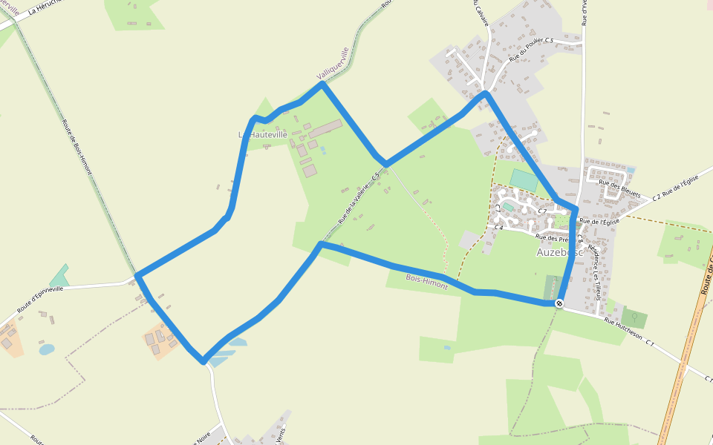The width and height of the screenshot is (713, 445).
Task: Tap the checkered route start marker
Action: [x=559, y=303]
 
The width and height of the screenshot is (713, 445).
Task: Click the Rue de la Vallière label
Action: [x=359, y=197]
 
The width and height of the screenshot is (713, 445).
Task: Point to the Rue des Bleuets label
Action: [x=619, y=188]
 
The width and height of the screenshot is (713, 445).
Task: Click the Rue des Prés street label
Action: [x=551, y=238]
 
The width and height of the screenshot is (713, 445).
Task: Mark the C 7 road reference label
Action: [x=542, y=211]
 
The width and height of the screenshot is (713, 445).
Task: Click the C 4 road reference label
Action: [x=499, y=228]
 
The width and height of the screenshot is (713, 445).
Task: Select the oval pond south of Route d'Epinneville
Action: [x=46, y=349]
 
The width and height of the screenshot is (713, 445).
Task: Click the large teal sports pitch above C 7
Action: [x=524, y=179]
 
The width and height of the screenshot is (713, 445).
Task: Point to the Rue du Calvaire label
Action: [x=481, y=13]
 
